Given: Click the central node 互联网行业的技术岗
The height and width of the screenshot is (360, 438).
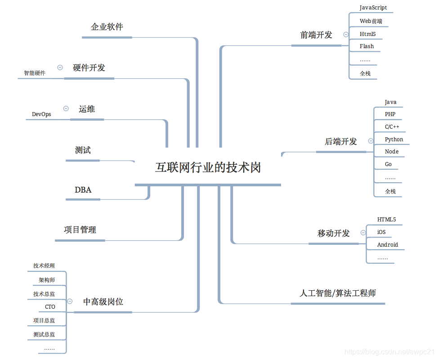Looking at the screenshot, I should click(208, 168).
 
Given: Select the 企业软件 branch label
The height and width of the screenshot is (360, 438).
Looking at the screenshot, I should click(107, 27).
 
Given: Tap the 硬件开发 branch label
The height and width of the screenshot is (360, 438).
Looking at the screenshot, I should click(89, 68).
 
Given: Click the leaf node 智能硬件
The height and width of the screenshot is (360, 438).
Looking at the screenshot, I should click(35, 73).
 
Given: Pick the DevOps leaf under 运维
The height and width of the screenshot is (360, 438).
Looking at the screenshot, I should click(41, 114).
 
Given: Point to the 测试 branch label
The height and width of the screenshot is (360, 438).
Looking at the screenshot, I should click(83, 150).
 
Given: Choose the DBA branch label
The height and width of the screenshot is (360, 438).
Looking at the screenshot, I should click(83, 190).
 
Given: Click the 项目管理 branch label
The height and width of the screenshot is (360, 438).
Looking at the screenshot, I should click(80, 230).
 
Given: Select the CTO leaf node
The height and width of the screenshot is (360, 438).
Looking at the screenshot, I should click(50, 307).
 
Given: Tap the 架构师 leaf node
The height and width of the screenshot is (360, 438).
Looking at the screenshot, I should click(47, 280).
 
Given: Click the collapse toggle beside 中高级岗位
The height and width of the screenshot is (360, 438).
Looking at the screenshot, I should click(70, 301).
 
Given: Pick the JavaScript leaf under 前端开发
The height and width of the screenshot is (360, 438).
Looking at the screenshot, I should click(373, 8).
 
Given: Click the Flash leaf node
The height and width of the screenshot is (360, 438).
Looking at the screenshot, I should click(366, 46).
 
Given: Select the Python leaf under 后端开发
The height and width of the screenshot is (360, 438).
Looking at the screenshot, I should click(394, 139).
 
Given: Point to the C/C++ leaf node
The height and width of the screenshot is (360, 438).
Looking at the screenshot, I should click(392, 127).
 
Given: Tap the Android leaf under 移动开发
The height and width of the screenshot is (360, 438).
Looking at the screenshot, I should click(388, 245).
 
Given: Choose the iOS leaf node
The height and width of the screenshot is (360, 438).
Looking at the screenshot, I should click(381, 232).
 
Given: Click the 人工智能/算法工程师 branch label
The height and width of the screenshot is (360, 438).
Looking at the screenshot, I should click(338, 293).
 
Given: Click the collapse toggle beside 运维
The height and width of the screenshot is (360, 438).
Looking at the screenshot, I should click(66, 108).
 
